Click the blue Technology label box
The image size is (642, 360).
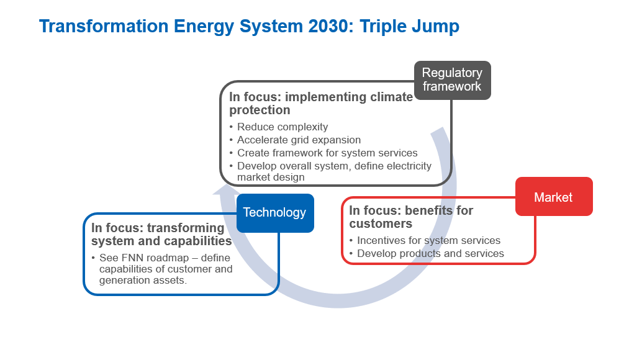(x=275, y=213)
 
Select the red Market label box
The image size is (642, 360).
(x=554, y=196)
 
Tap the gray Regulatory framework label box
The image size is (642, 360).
(x=453, y=80)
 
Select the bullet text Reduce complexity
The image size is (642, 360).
(x=283, y=127)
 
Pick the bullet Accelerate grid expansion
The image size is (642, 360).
(x=299, y=140)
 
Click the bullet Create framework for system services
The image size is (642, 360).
(x=327, y=153)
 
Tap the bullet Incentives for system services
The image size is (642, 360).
(x=428, y=241)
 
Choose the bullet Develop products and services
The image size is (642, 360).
(x=430, y=254)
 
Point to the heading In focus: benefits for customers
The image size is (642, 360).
(x=411, y=217)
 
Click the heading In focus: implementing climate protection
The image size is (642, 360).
(x=321, y=103)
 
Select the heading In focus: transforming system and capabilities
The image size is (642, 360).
(x=161, y=235)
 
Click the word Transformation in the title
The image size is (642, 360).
(x=104, y=26)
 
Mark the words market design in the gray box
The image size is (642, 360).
(x=271, y=177)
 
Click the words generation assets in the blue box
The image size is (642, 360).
(x=143, y=280)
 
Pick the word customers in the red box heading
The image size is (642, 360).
(x=381, y=224)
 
